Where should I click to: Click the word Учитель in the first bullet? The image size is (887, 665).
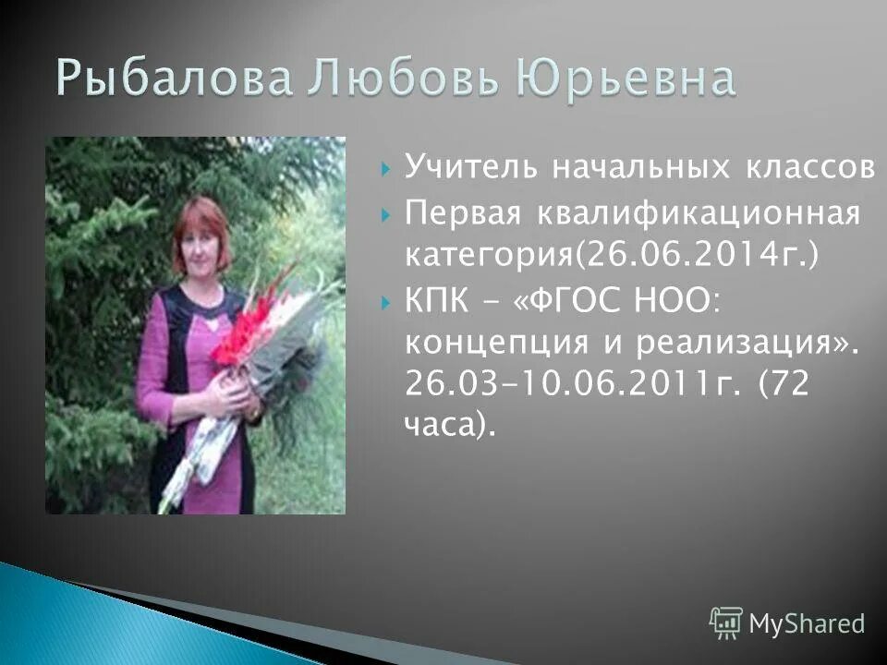tap(470, 169)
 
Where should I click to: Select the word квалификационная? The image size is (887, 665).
tap(692, 215)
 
